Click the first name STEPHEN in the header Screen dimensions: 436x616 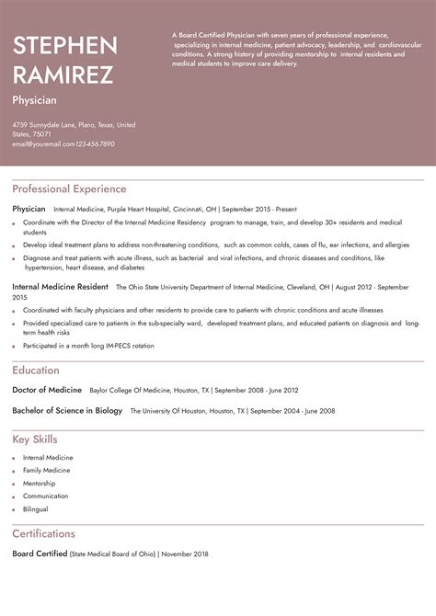64,45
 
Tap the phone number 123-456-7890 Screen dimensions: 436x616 95,144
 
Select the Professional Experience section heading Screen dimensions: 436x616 69,188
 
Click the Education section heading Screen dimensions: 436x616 36,370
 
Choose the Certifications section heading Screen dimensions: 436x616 43,533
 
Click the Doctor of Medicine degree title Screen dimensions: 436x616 47,390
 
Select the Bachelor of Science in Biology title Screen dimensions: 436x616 67,410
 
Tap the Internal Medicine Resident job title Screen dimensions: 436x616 61,287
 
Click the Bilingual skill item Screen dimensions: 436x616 36,508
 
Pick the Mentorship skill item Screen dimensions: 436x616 39,483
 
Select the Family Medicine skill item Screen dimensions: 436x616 46,470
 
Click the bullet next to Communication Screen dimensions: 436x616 14,496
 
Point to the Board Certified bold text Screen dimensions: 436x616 40,553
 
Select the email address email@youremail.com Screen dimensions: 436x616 42,144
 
